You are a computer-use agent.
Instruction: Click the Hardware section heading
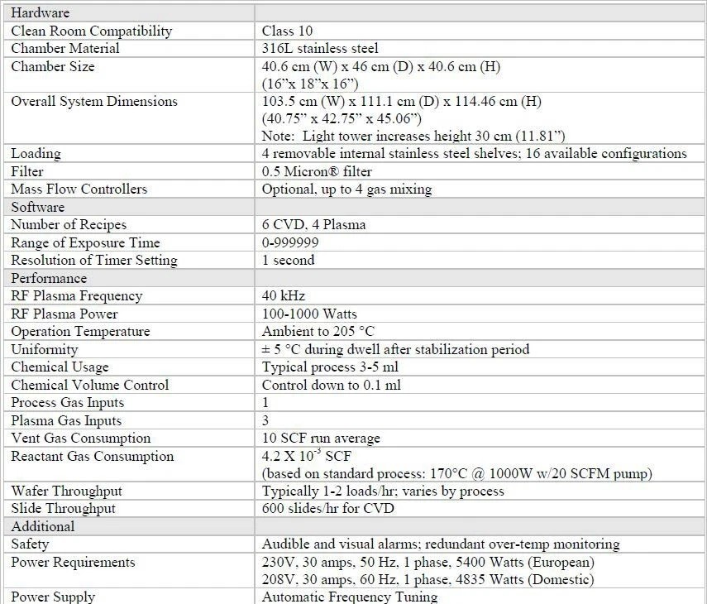(40, 13)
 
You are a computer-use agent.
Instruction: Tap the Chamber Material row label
(65, 49)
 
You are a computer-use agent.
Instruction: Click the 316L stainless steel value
(320, 49)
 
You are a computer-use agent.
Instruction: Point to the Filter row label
(27, 171)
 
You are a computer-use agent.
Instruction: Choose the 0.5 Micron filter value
(317, 171)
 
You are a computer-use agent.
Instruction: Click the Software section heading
(37, 207)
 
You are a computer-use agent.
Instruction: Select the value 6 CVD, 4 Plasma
(313, 225)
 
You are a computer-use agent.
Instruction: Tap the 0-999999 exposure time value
(290, 242)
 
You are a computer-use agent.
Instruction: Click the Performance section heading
(49, 278)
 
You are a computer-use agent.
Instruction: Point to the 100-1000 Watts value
(308, 314)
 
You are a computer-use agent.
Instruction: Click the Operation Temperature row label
(80, 332)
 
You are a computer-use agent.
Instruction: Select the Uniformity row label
(44, 350)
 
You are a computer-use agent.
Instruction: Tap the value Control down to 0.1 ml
(330, 385)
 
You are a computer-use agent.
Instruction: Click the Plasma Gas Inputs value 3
(265, 420)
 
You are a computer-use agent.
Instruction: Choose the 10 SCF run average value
(322, 439)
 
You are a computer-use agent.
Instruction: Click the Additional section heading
(42, 526)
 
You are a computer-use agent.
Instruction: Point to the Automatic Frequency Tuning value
(349, 597)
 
